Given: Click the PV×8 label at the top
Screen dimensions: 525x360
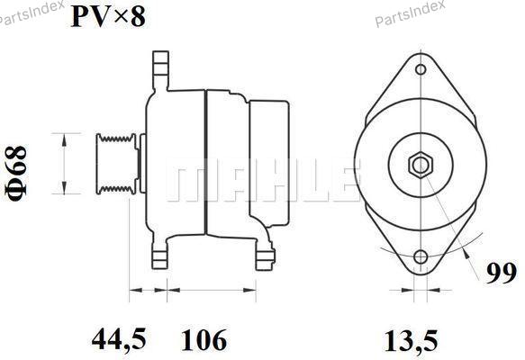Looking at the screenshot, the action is pyautogui.click(x=108, y=17).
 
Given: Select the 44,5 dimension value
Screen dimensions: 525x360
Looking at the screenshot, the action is pyautogui.click(x=119, y=339).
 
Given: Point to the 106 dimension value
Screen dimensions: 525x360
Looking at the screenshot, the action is pyautogui.click(x=204, y=340).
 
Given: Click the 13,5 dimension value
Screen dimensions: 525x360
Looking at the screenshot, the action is pyautogui.click(x=412, y=341).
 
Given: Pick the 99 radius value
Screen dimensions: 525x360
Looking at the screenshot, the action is pyautogui.click(x=502, y=274).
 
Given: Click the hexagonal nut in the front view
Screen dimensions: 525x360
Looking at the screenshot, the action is pyautogui.click(x=421, y=165).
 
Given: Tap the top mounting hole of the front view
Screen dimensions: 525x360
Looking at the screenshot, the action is pyautogui.click(x=421, y=69).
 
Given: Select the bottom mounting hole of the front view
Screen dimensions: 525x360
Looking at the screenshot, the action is pyautogui.click(x=421, y=257).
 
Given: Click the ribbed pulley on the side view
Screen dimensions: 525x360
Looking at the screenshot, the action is pyautogui.click(x=116, y=164).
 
